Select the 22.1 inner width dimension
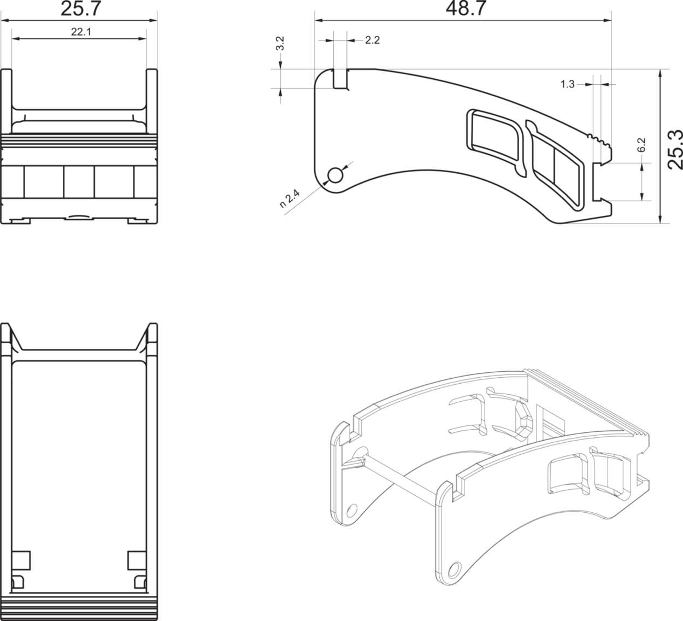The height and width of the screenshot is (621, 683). [x=80, y=32]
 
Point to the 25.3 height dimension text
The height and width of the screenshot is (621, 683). [x=675, y=149]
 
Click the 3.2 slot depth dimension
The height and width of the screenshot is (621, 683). [x=280, y=44]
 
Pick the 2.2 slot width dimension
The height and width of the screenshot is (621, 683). [x=372, y=40]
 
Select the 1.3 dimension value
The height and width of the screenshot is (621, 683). [x=568, y=84]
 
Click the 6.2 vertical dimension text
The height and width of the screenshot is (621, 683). [x=642, y=145]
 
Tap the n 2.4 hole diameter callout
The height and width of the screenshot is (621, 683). [x=290, y=198]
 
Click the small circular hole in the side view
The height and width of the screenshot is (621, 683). [x=335, y=175]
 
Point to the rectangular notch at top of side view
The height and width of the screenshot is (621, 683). [x=341, y=79]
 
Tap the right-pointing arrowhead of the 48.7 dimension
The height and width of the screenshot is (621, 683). [x=608, y=21]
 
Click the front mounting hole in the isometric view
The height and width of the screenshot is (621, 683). [x=453, y=570]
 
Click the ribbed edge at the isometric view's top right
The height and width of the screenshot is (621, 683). [x=590, y=402]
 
